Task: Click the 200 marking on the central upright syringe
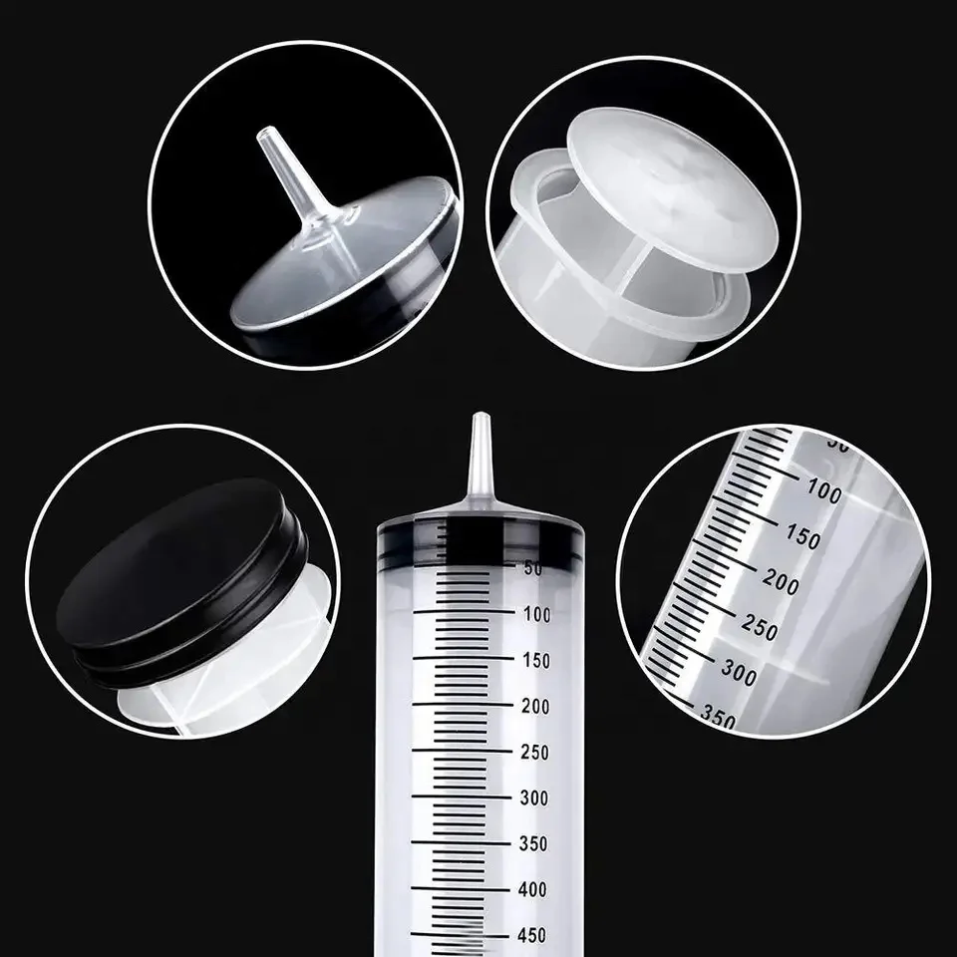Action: tap(534, 706)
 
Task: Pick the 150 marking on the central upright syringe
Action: tap(534, 660)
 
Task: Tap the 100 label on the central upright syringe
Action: tap(534, 615)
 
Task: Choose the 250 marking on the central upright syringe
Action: tap(534, 753)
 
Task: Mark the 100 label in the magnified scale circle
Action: tap(823, 492)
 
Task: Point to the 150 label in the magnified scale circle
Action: tap(801, 538)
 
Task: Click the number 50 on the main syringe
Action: tap(532, 569)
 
